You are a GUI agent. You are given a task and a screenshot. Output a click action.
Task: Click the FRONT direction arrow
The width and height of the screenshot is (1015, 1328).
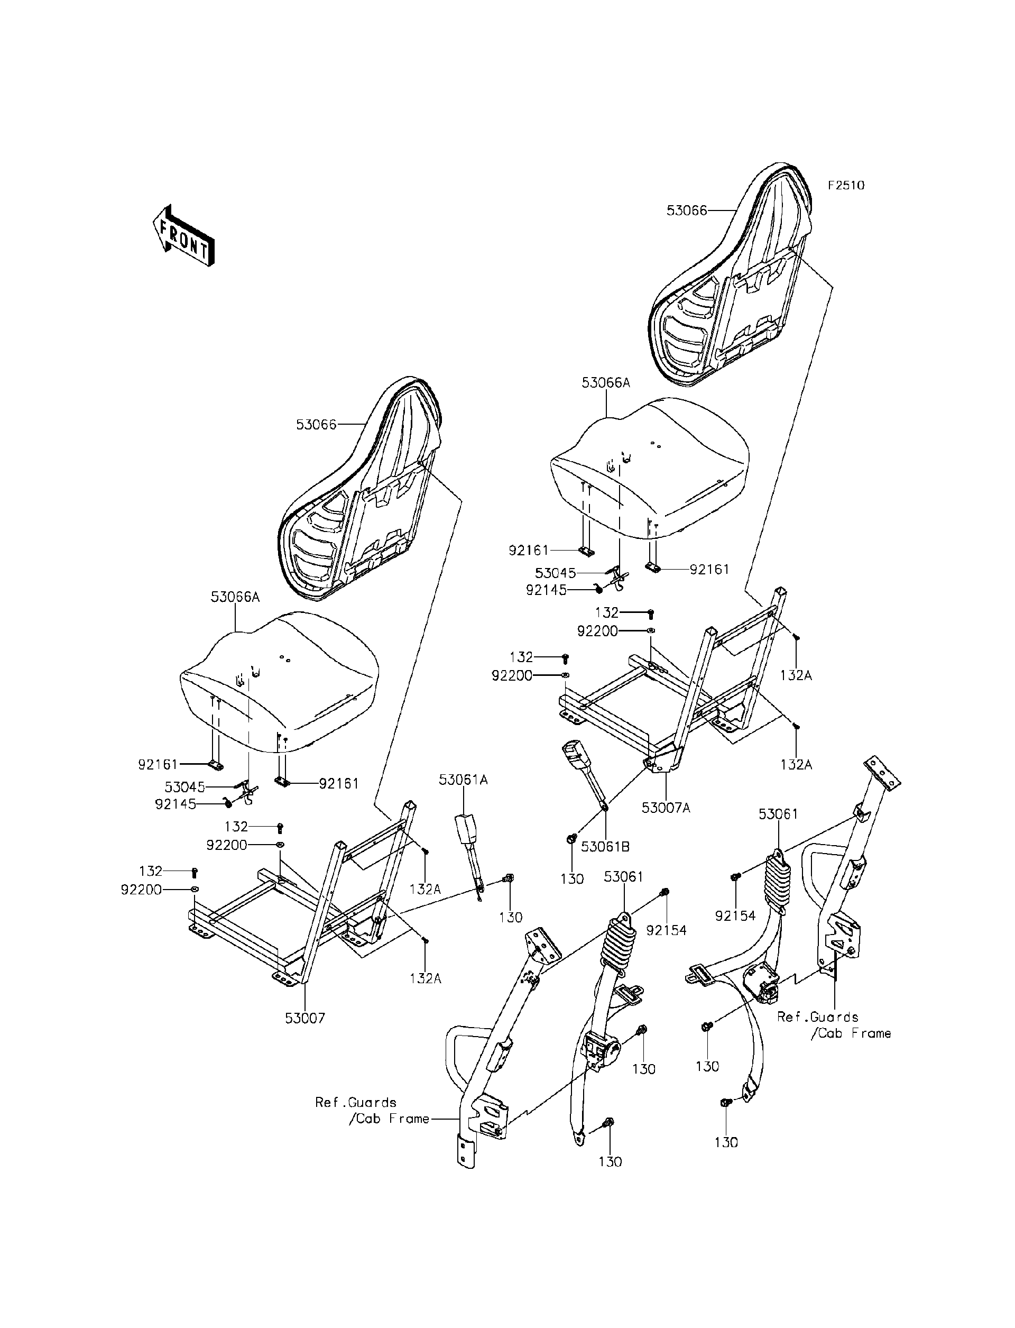183,236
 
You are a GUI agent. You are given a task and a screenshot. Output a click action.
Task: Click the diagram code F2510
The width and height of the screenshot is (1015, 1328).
846,186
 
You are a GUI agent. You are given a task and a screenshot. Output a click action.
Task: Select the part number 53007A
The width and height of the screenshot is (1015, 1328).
665,808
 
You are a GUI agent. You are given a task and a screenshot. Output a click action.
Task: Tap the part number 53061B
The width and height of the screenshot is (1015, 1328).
605,847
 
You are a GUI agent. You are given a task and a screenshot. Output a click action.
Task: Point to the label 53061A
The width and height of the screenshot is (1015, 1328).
464,780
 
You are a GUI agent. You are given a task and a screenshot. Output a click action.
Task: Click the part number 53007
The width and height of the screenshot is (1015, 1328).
305,1019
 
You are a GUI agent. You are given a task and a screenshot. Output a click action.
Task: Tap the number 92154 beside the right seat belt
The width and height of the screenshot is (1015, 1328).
735,916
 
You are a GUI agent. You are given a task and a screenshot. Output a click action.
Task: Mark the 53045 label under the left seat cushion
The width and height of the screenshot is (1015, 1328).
185,787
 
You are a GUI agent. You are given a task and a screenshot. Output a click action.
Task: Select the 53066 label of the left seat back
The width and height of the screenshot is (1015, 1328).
316,424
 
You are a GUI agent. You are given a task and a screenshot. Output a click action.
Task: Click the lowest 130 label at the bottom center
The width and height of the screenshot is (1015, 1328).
610,1161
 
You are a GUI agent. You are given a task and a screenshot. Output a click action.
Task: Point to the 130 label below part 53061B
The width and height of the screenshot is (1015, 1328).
571,879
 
